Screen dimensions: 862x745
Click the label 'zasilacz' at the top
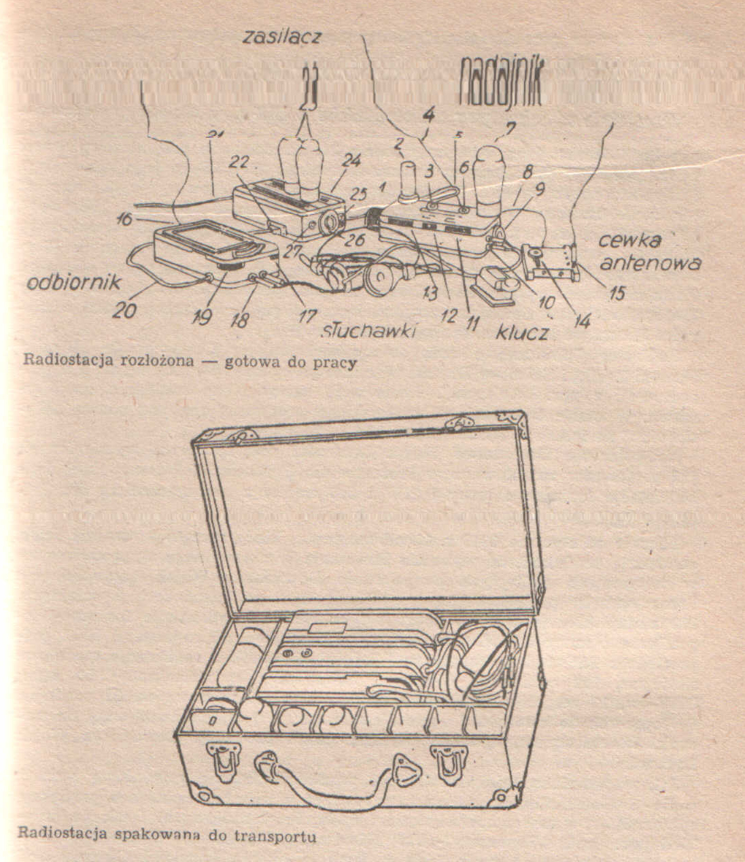[281, 37]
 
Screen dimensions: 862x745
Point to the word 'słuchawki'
[369, 330]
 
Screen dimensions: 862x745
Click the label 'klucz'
[522, 332]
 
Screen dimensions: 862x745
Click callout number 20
[125, 310]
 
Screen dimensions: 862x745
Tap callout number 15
[616, 294]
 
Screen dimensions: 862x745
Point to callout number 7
[510, 127]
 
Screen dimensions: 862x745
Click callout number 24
[351, 161]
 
